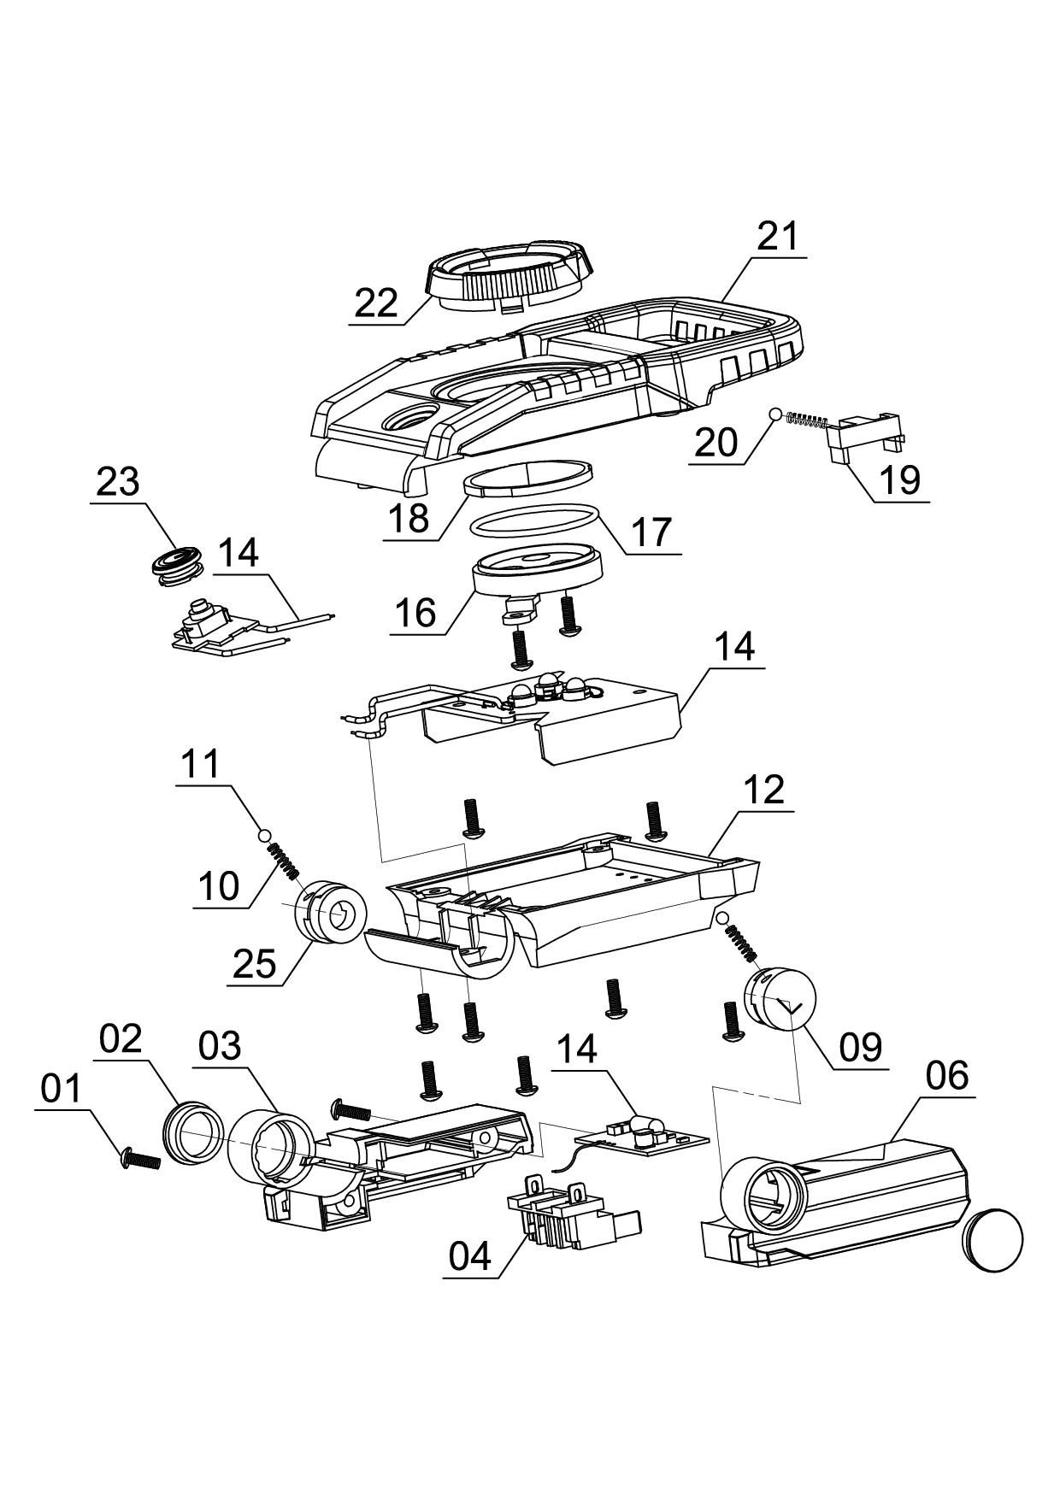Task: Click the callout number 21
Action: coord(777,236)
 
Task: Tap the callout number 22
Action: coord(377,303)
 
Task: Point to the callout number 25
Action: coord(255,965)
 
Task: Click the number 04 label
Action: coord(471,1256)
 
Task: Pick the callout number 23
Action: coord(118,483)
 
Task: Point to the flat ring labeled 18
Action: coord(528,475)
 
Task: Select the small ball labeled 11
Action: coord(265,834)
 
